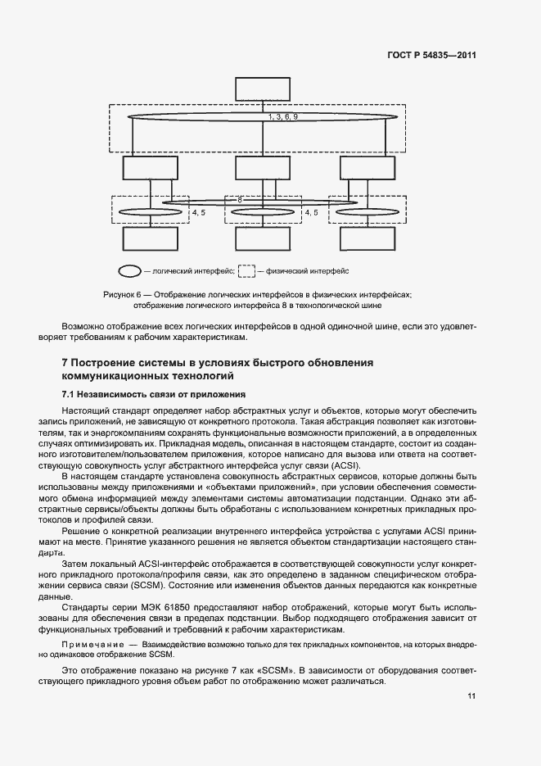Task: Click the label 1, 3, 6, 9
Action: pyautogui.click(x=282, y=118)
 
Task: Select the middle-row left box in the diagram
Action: pyautogui.click(x=150, y=168)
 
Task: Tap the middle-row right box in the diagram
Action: pyautogui.click(x=367, y=168)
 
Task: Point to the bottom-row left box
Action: pyautogui.click(x=150, y=238)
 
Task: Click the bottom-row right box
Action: pyautogui.click(x=367, y=238)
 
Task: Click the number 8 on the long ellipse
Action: pyautogui.click(x=240, y=199)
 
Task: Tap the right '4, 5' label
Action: pyautogui.click(x=311, y=213)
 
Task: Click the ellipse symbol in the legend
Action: pyautogui.click(x=129, y=270)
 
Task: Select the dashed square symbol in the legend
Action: pyautogui.click(x=246, y=270)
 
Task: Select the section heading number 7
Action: pyautogui.click(x=65, y=363)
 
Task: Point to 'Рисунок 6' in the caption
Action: pyautogui.click(x=122, y=294)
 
